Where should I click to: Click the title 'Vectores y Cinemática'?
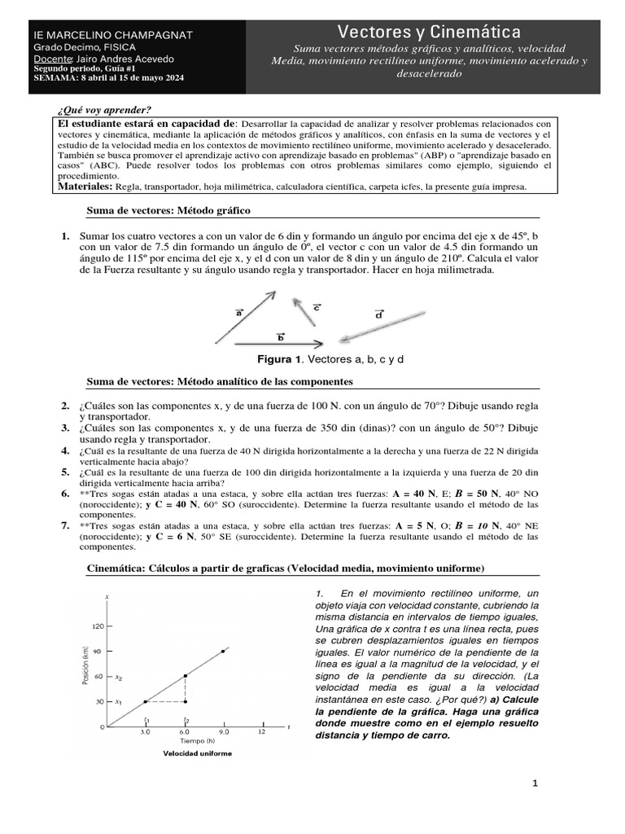(x=429, y=32)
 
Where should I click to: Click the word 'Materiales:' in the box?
(x=85, y=186)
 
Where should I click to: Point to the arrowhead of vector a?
(x=273, y=293)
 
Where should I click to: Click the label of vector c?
(x=317, y=307)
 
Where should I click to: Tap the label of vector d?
(x=379, y=314)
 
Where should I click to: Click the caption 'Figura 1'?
(x=280, y=359)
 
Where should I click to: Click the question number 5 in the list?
(x=65, y=472)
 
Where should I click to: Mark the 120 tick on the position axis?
(x=98, y=626)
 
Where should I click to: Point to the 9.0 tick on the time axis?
(x=223, y=732)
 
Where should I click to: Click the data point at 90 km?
(x=223, y=652)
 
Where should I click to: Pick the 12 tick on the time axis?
(x=261, y=732)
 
